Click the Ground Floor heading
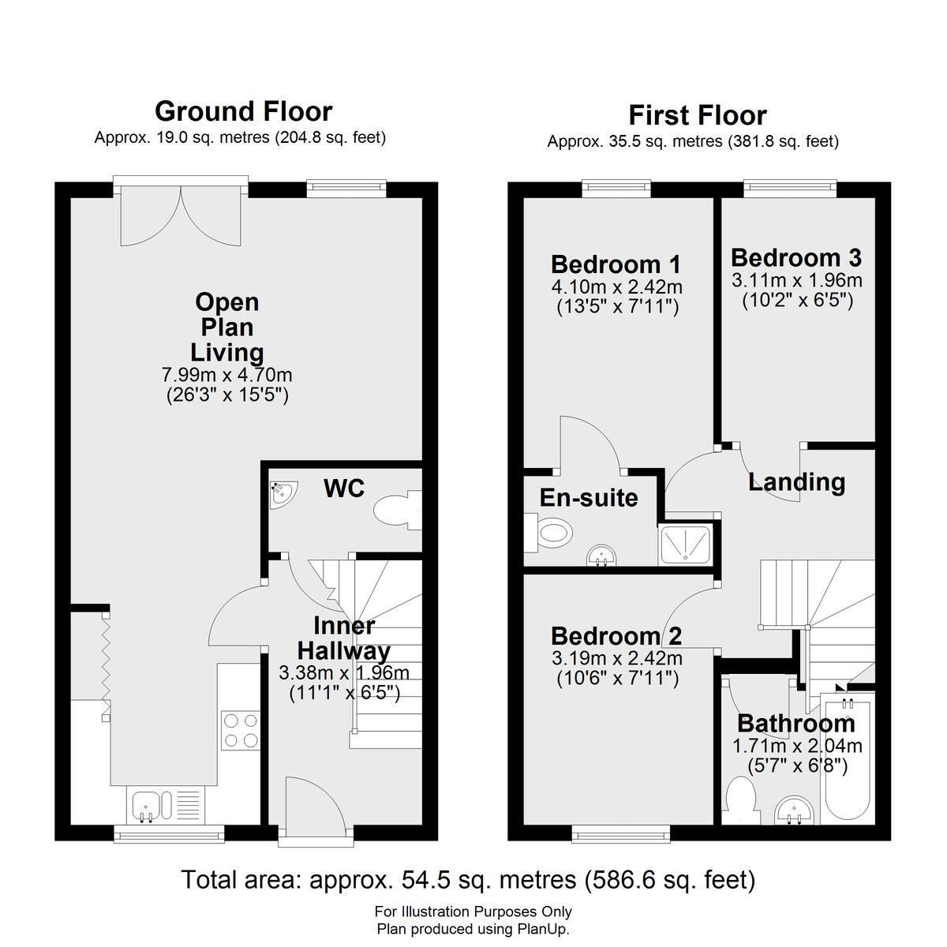click(x=244, y=111)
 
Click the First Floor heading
click(x=698, y=116)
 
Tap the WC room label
click(x=344, y=488)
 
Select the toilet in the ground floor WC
click(x=398, y=510)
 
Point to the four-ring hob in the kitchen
click(x=241, y=730)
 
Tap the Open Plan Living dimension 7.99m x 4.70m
click(x=227, y=376)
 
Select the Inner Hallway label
click(x=344, y=638)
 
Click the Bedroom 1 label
click(x=616, y=264)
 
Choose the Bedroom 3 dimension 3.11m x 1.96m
click(x=796, y=280)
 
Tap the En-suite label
click(x=589, y=498)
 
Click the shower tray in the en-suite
click(x=685, y=545)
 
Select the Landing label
click(x=796, y=482)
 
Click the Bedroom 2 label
click(x=616, y=636)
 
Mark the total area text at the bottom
click(x=468, y=880)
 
